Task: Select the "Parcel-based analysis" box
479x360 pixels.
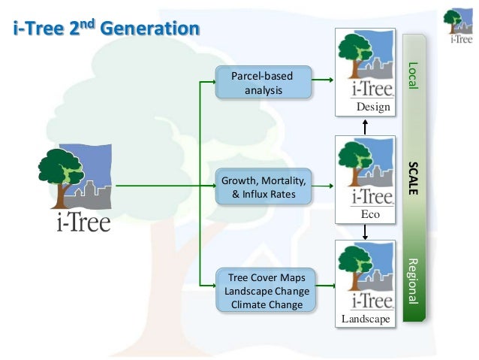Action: (x=263, y=83)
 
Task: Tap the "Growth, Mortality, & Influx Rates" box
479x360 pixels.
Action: (x=263, y=188)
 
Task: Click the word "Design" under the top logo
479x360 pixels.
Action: (x=373, y=107)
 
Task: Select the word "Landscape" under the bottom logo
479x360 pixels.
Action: (x=366, y=319)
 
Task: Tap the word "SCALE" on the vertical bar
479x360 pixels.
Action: (x=412, y=177)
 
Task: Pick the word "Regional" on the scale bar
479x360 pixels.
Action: (x=412, y=282)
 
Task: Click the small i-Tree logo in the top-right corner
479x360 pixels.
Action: (x=458, y=26)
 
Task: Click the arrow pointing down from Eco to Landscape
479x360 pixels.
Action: (x=365, y=232)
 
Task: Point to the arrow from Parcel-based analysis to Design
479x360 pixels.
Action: (x=324, y=79)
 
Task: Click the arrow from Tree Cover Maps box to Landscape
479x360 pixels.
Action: (x=324, y=285)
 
